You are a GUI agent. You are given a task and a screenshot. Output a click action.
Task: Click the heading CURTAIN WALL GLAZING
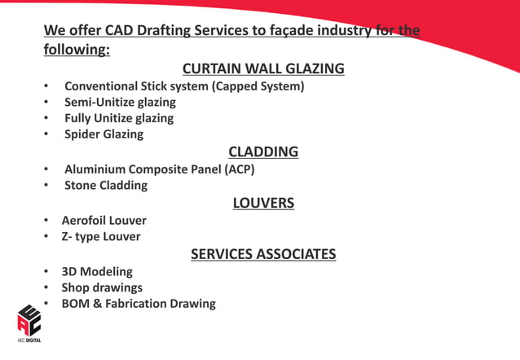[x=263, y=68]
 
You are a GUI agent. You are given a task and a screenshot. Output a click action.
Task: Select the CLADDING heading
[x=263, y=151]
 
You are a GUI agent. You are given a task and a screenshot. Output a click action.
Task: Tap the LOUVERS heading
[x=263, y=203]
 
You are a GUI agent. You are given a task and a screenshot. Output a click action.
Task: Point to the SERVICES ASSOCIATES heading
[x=263, y=254]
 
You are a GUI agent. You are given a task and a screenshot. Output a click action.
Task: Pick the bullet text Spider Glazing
[x=104, y=134]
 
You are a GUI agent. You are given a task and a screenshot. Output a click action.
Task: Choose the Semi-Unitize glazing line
[x=120, y=102]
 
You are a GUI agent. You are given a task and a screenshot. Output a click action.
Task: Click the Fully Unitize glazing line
[x=119, y=118]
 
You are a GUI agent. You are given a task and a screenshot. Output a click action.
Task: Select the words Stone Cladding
[x=106, y=185]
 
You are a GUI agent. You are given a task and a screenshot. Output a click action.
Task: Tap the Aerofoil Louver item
[x=104, y=220]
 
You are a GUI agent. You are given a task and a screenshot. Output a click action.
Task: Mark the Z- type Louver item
[x=101, y=237]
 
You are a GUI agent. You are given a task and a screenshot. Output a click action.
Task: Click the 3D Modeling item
[x=97, y=271]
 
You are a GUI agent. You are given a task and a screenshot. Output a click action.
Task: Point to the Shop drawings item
[x=102, y=288]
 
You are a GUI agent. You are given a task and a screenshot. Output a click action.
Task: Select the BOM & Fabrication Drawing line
[x=139, y=304]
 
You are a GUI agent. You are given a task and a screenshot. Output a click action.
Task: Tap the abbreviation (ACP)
[x=236, y=169]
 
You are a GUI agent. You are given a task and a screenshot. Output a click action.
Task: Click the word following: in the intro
[x=77, y=49]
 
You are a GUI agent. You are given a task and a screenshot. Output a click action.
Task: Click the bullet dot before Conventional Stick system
[x=47, y=86]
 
